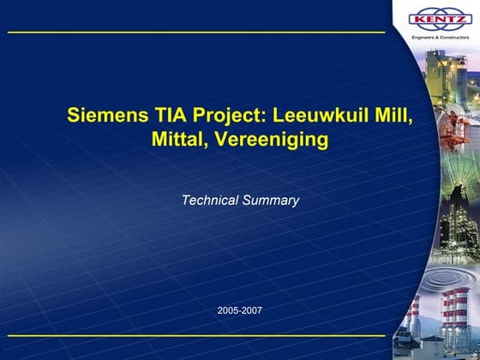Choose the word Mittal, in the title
(x=181, y=140)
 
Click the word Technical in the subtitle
(x=208, y=201)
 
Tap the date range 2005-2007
(x=240, y=309)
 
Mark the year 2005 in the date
(x=229, y=309)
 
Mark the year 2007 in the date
(x=252, y=309)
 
